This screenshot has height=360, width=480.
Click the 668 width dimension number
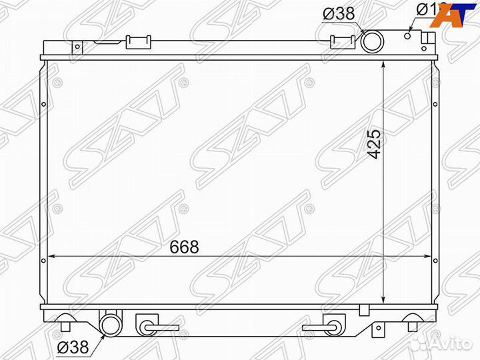pos(183,247)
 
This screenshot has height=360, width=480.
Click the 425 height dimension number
pos(375,143)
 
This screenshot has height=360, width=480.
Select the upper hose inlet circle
pos(371,43)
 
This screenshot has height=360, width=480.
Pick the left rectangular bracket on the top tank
pos(139,42)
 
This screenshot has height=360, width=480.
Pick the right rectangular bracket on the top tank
pos(341,41)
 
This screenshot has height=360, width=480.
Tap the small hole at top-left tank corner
pos(77,47)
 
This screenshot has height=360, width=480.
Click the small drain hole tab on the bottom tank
pos(363,310)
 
